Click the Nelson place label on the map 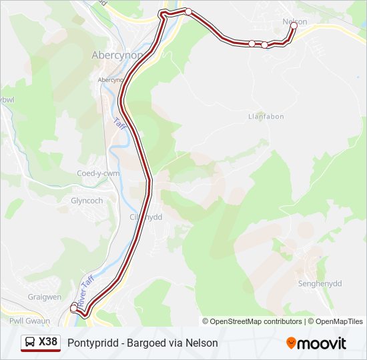tap(295, 21)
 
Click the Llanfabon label tap(266, 117)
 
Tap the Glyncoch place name tap(87, 201)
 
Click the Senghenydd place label tap(319, 283)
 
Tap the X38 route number tap(48, 343)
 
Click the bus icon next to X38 tap(31, 343)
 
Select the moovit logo tap(316, 343)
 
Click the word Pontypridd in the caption tap(89, 343)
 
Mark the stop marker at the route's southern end tap(74, 308)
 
